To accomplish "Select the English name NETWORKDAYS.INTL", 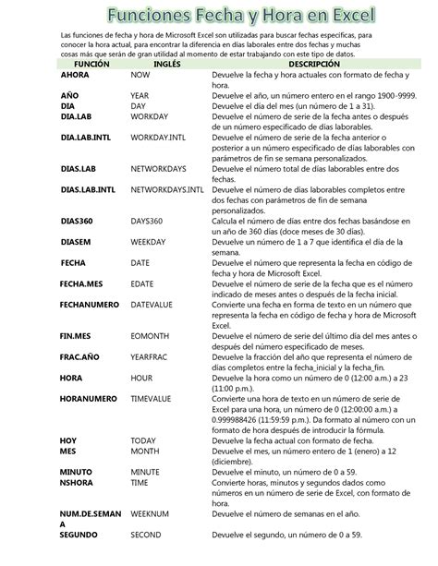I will [x=167, y=190].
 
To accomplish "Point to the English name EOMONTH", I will [x=151, y=337].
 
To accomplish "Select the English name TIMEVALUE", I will [x=153, y=400].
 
